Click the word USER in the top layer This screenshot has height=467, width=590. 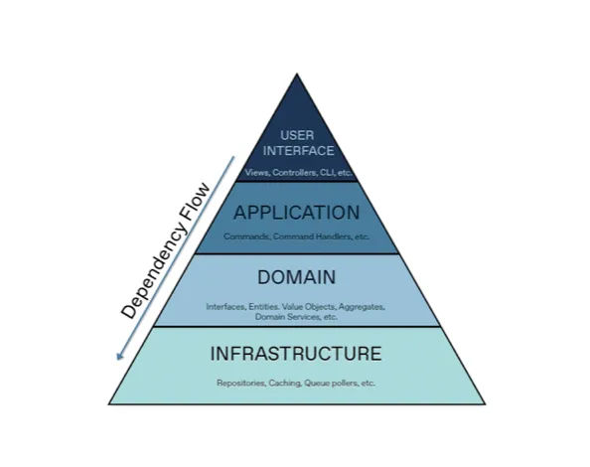(x=297, y=135)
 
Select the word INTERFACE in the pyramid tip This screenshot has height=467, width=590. (x=298, y=150)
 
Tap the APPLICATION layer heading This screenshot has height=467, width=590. (x=297, y=213)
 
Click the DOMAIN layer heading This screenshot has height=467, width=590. (x=297, y=277)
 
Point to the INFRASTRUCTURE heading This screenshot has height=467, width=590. (x=296, y=354)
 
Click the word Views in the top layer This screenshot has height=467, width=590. (x=257, y=173)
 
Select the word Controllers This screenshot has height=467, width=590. (x=294, y=173)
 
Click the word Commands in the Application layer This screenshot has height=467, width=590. (x=246, y=236)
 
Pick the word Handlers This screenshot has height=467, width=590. (x=334, y=236)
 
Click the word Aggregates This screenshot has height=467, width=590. (x=362, y=307)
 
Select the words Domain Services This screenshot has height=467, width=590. (x=287, y=317)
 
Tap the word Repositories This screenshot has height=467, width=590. (x=241, y=384)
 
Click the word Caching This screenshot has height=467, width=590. (x=285, y=384)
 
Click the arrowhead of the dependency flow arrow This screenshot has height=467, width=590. (x=119, y=356)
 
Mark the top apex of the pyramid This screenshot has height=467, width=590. (x=297, y=74)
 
